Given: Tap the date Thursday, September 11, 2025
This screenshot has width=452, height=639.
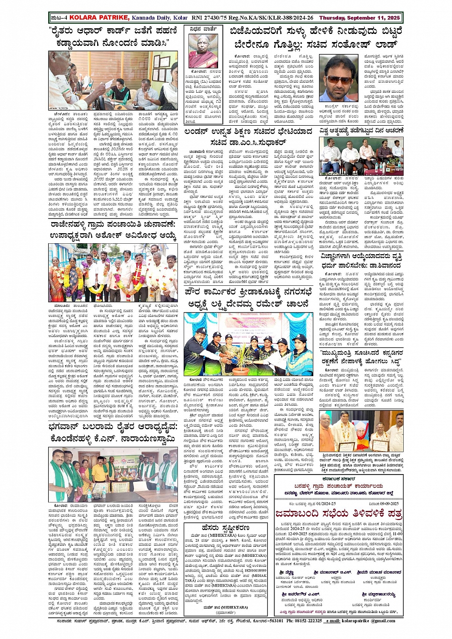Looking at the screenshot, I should point(360,18).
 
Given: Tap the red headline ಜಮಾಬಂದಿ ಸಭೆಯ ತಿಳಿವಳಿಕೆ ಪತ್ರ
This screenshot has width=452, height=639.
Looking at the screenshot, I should point(338,514).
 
